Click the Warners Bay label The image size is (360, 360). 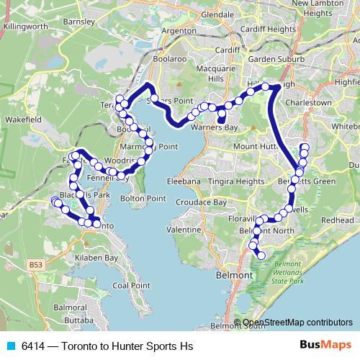tap(214, 127)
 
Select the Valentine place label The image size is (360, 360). tap(183, 228)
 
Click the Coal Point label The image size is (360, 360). tap(130, 285)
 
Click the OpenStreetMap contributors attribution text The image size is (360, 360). tap(297, 323)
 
